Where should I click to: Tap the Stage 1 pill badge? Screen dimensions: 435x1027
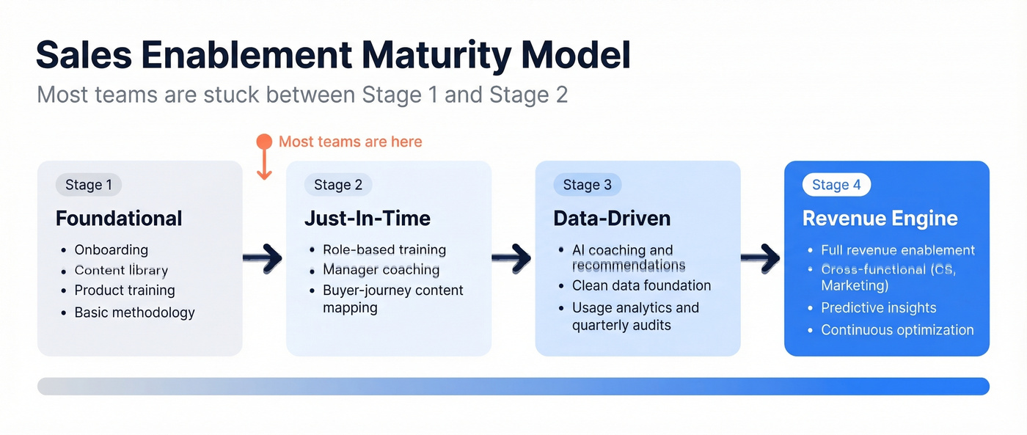click(x=89, y=185)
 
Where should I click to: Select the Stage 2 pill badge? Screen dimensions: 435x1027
click(x=338, y=185)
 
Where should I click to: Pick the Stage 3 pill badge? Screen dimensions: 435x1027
click(x=587, y=185)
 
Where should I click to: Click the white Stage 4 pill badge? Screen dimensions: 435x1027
click(x=836, y=185)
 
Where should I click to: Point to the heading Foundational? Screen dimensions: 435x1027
click(x=119, y=219)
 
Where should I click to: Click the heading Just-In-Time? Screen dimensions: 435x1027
click(x=368, y=219)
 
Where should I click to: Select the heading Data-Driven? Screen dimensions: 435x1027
click(x=612, y=219)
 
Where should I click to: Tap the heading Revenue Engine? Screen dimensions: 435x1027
click(x=880, y=219)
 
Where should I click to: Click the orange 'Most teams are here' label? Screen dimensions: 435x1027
click(x=350, y=142)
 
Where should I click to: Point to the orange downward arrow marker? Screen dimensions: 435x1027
click(x=264, y=158)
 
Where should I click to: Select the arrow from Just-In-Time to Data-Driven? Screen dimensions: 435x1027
click(x=511, y=258)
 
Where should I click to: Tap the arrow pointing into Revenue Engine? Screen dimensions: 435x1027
click(x=761, y=258)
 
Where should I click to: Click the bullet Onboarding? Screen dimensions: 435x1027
click(x=111, y=250)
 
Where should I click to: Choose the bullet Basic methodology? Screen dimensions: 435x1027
click(x=134, y=312)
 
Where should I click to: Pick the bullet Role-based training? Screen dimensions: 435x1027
click(x=384, y=250)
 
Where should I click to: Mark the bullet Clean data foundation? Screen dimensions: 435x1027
click(x=641, y=285)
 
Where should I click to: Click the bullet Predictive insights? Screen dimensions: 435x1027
click(x=878, y=308)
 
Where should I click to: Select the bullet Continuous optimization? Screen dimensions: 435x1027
click(x=897, y=330)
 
